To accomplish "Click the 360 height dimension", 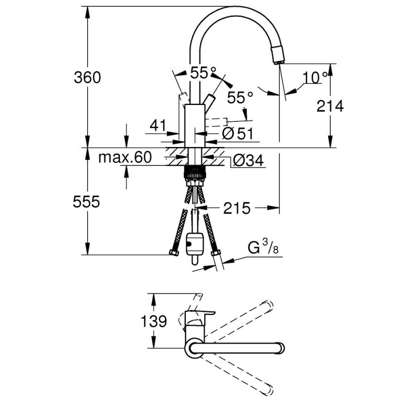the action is tap(87, 78).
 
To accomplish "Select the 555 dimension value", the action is tap(86, 202).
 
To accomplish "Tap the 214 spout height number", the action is tap(330, 106).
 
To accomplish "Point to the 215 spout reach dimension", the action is tap(237, 208).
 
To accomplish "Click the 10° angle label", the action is tap(316, 77).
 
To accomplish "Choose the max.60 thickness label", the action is tap(125, 157).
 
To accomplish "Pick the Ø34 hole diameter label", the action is tap(248, 161).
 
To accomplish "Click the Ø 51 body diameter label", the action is tap(238, 133).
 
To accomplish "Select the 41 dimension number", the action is tap(158, 125).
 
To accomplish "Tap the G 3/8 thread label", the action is tap(263, 248).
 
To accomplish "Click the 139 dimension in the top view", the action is tap(154, 321).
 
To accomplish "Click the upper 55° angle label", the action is tap(203, 72).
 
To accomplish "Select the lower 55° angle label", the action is tap(240, 98).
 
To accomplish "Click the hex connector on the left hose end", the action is tap(174, 253).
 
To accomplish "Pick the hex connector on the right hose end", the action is tap(216, 253).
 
